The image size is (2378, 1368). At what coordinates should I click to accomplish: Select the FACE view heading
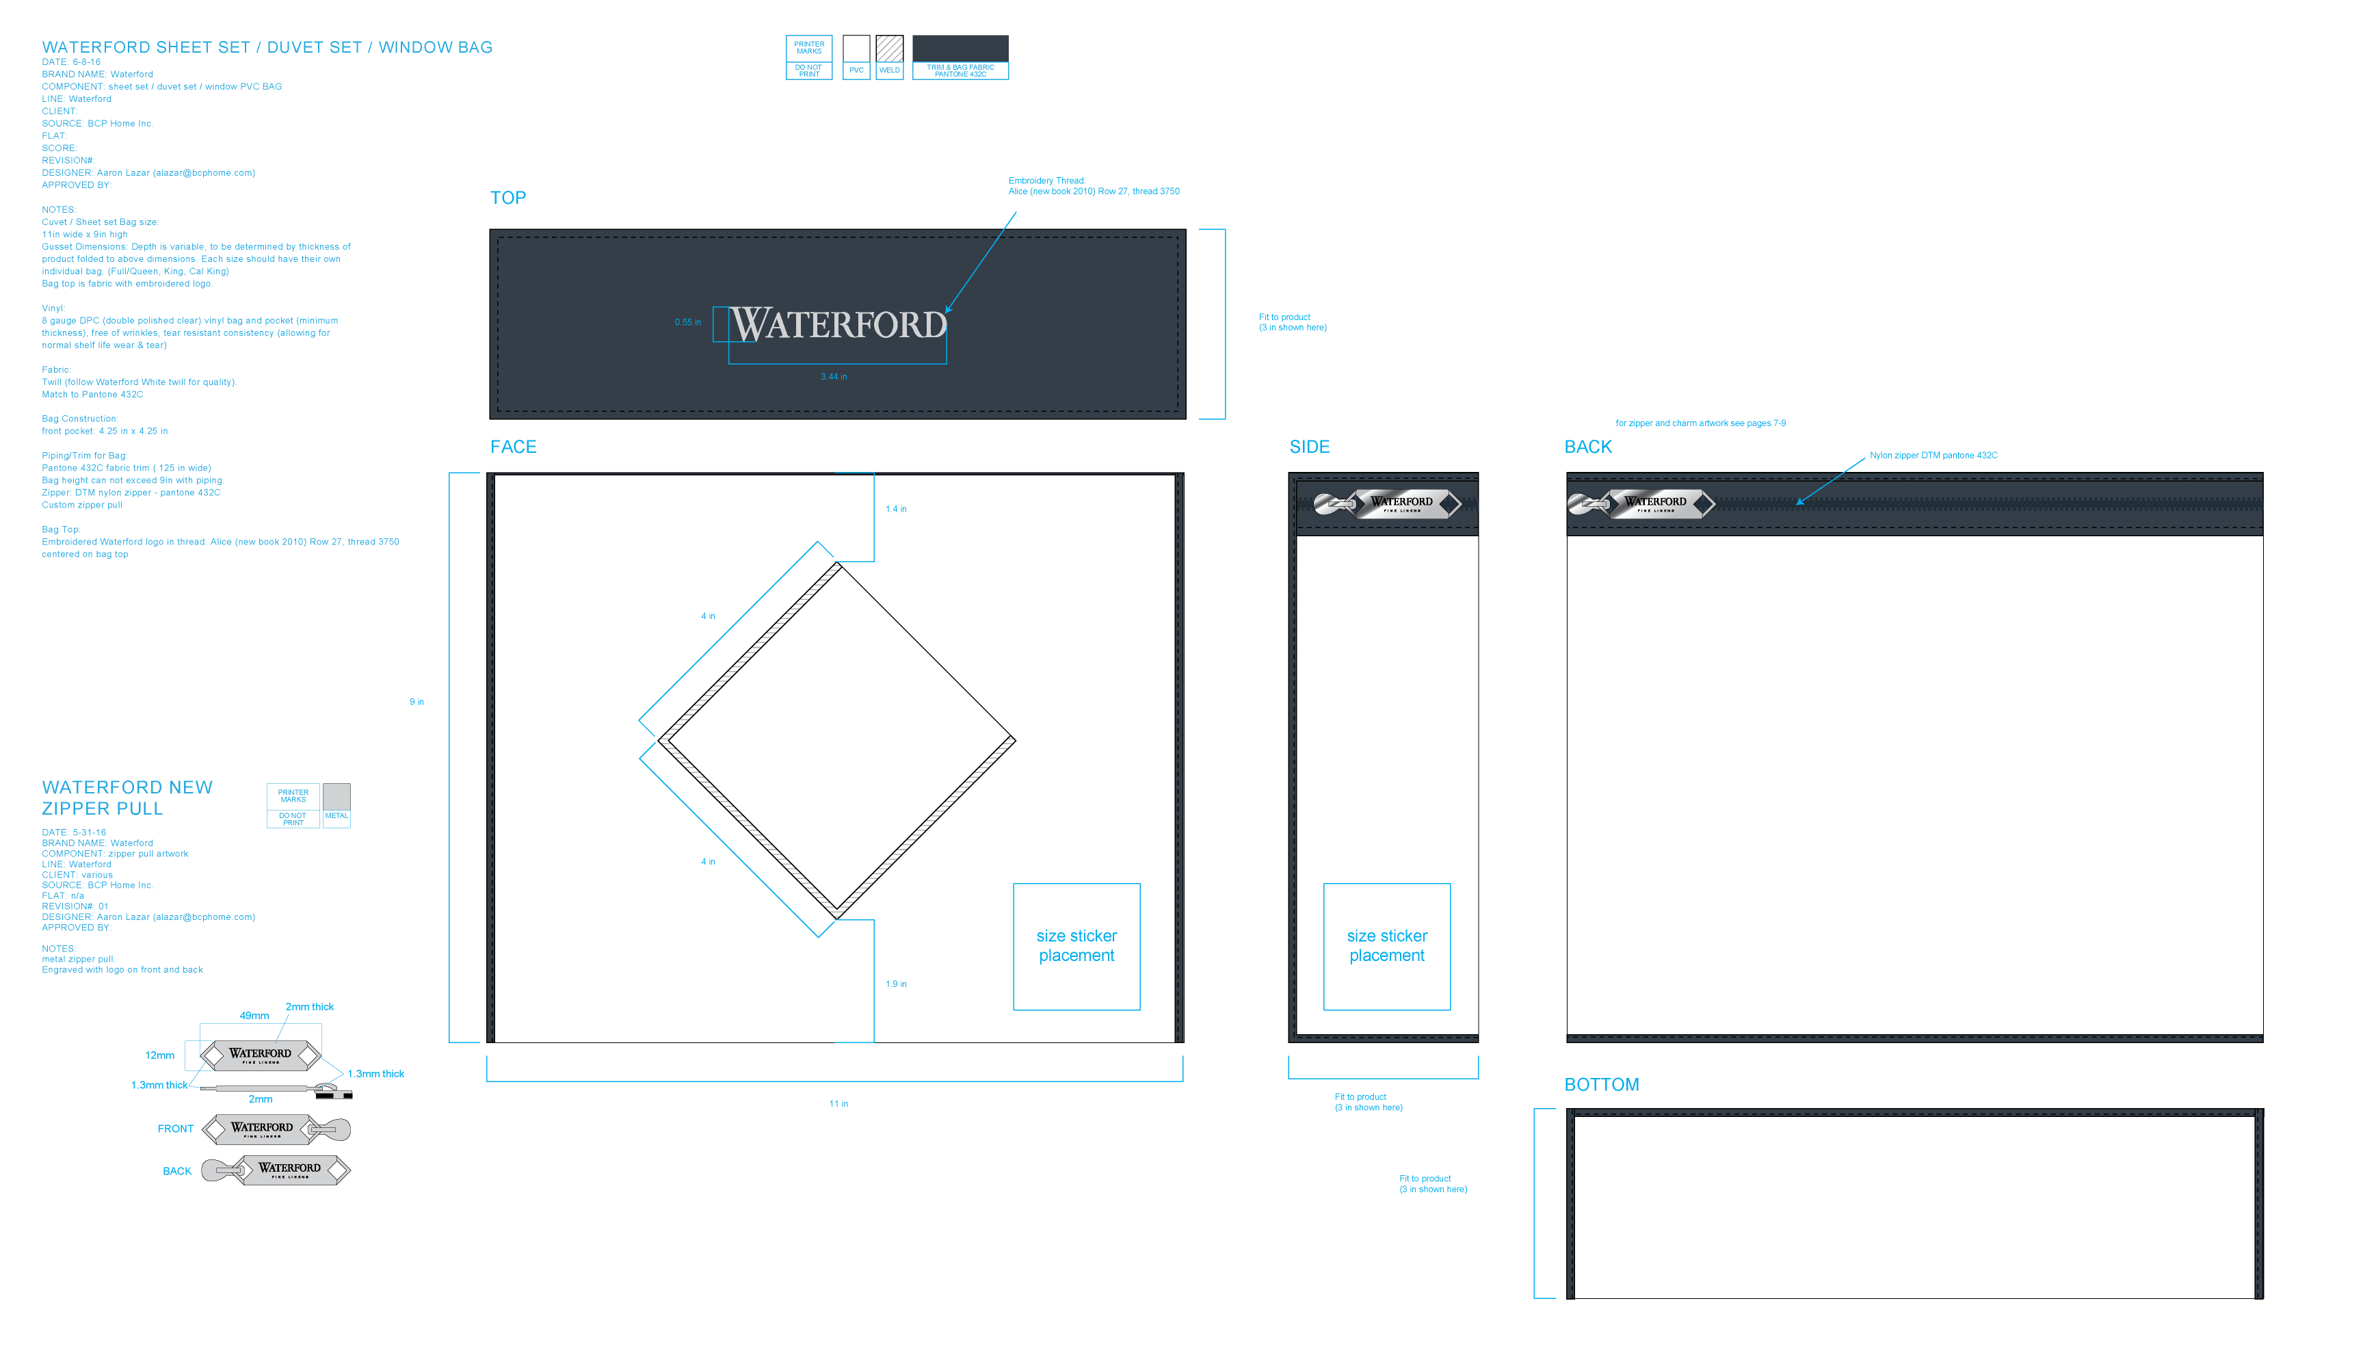tap(513, 447)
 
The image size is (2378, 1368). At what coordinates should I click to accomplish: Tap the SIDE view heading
tap(1309, 447)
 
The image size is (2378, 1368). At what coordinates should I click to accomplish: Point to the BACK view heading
tap(1587, 447)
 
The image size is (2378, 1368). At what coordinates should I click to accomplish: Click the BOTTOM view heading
tap(1601, 1086)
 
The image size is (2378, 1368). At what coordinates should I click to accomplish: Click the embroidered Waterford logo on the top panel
tap(838, 325)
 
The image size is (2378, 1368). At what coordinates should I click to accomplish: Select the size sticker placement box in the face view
tap(1076, 946)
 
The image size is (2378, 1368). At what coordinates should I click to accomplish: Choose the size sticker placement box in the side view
tap(1386, 946)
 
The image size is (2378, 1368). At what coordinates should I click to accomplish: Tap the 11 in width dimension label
tap(838, 1104)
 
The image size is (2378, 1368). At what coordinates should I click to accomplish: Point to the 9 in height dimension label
tap(416, 702)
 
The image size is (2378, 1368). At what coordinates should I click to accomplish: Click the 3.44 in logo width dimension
tap(833, 377)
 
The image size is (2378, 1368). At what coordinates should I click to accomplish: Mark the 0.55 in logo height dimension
tap(687, 322)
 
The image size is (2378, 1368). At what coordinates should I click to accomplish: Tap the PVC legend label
tap(856, 70)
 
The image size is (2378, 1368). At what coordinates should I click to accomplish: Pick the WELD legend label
tap(888, 70)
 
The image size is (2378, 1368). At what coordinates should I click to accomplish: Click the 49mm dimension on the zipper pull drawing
tap(254, 1016)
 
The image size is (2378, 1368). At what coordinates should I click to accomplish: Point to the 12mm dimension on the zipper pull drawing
tap(159, 1055)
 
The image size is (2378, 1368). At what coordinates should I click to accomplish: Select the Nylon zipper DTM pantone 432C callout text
tap(1933, 456)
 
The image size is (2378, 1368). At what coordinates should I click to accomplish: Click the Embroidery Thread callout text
tap(1093, 186)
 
